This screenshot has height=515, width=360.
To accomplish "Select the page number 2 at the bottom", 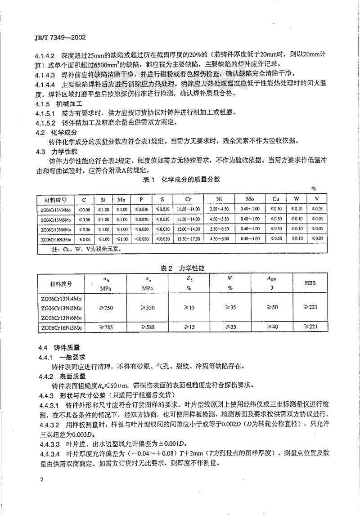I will pyautogui.click(x=41, y=480).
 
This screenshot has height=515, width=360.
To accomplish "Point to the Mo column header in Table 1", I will pyautogui.click(x=250, y=200).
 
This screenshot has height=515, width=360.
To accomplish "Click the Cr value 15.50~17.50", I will pyautogui.click(x=189, y=238).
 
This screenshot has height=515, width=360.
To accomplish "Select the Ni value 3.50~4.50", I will pyautogui.click(x=219, y=210).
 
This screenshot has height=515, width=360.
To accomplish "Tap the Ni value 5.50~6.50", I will pyautogui.click(x=219, y=229).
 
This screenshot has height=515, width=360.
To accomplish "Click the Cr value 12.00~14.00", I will pyautogui.click(x=189, y=229).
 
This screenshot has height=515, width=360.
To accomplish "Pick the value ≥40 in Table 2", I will pyautogui.click(x=269, y=328).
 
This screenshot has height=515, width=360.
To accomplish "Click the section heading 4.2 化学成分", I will pyautogui.click(x=56, y=133).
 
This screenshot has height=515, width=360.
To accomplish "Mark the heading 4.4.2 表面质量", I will pyautogui.click(x=60, y=376).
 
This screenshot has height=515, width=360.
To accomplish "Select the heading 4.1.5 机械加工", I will pyautogui.click(x=59, y=103).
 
